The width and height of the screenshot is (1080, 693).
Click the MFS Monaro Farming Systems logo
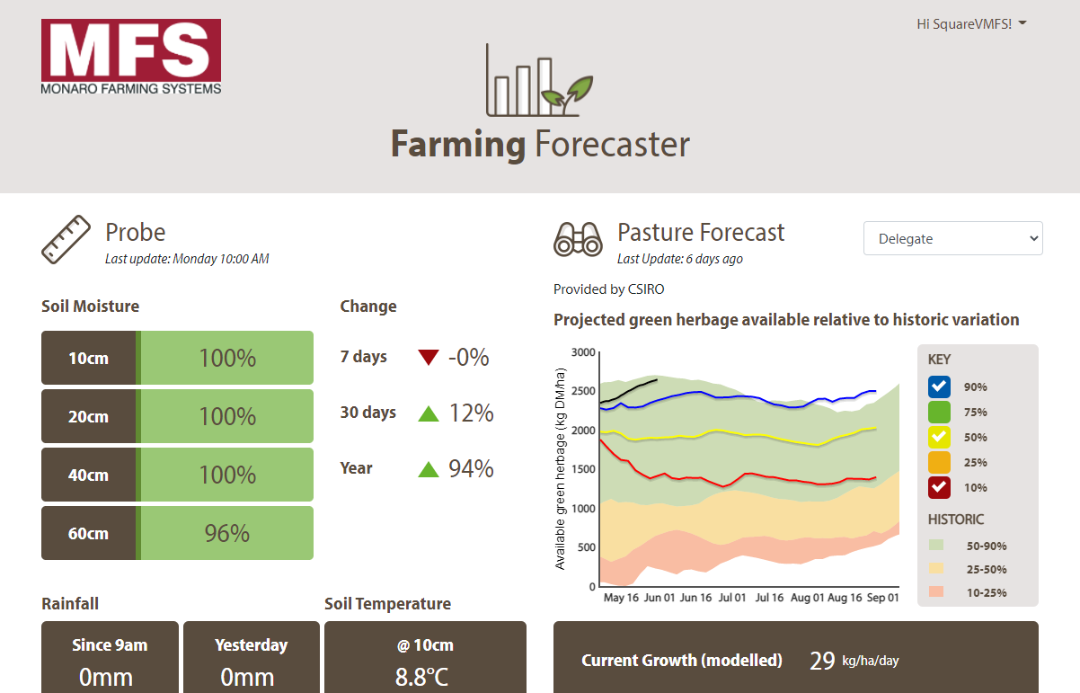tap(131, 57)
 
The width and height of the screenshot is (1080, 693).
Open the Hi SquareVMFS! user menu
tap(971, 24)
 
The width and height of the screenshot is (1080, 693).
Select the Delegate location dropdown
tap(952, 238)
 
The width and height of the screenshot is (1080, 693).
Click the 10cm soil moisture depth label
tap(88, 358)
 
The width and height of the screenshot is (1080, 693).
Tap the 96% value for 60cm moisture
tap(226, 533)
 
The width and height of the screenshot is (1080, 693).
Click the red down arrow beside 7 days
tap(429, 358)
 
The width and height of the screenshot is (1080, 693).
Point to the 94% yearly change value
tap(471, 468)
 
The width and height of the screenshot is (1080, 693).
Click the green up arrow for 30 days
tap(429, 413)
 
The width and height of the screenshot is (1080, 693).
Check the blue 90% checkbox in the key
tap(939, 387)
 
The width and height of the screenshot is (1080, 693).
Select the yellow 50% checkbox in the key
tap(939, 438)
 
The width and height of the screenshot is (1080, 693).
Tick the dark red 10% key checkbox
tap(939, 488)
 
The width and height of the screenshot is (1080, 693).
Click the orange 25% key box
tap(939, 463)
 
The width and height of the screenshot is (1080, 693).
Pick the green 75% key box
tap(939, 413)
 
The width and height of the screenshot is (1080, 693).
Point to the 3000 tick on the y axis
tap(583, 351)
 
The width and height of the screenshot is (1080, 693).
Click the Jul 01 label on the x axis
tap(732, 598)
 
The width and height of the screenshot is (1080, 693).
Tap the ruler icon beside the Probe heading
tap(66, 239)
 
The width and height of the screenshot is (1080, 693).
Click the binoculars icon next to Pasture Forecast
tap(578, 239)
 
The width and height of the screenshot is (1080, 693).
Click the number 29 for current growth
tap(822, 661)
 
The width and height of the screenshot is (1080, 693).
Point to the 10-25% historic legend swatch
tap(936, 592)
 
